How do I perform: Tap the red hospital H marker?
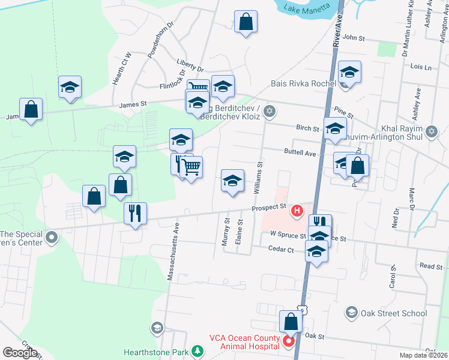[296, 211]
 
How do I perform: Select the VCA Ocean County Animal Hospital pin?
[288, 342]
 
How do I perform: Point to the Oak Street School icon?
[351, 313]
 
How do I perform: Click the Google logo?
[20, 353]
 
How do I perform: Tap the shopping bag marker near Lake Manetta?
[246, 22]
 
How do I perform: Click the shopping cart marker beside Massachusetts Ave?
[191, 167]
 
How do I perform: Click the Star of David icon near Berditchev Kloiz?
[270, 110]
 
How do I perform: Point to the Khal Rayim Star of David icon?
[430, 131]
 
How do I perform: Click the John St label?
[354, 38]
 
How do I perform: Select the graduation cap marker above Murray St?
[232, 181]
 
